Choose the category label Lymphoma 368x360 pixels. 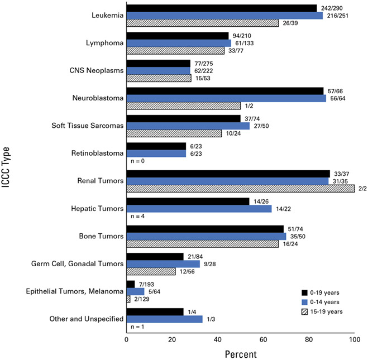coord(104,43)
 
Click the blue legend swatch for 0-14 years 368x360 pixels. coord(305,301)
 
